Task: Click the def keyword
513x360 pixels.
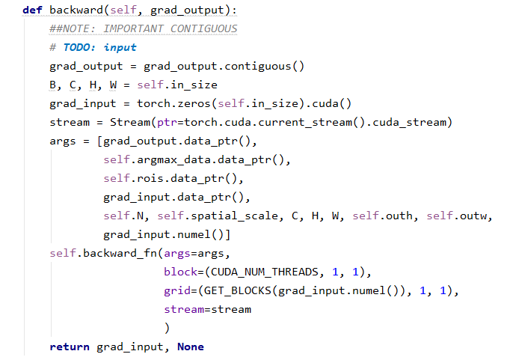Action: coord(32,10)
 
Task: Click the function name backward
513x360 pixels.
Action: coord(76,10)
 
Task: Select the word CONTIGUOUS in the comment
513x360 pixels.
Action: coord(203,29)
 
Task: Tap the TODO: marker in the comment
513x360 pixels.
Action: coord(79,47)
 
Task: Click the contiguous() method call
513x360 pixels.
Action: coord(265,67)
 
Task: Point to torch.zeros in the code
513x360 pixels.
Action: coord(174,103)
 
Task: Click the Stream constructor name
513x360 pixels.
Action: coord(130,122)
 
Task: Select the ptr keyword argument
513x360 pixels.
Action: coord(167,123)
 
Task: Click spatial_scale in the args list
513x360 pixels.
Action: coord(234,216)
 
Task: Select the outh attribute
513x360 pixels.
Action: coord(399,216)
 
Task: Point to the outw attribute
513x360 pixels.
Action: coord(473,216)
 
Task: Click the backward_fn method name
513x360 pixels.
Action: coord(120,253)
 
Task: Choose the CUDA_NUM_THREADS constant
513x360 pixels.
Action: coord(265,272)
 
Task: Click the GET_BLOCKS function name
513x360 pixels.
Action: coord(237,290)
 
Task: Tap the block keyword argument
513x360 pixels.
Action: coord(181,272)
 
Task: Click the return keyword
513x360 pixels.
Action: coord(70,347)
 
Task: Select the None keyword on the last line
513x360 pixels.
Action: coord(191,347)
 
